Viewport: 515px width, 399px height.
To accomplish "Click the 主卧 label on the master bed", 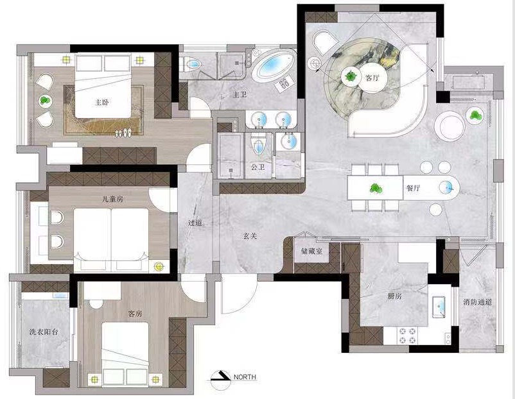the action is [102, 103].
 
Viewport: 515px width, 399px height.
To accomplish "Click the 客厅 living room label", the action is [372, 78].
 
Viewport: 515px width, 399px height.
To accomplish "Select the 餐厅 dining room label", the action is [413, 188].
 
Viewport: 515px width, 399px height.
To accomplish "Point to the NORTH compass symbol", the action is [220, 380].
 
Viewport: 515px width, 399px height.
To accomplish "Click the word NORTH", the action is [245, 377].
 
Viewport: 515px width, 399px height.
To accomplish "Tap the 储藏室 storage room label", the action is [311, 251].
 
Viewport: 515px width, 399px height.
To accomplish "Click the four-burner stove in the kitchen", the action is [407, 335].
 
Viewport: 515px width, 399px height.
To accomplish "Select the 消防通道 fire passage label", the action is [478, 302].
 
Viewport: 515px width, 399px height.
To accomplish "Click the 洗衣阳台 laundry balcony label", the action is [44, 332].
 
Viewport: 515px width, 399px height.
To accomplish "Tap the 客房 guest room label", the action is [135, 314].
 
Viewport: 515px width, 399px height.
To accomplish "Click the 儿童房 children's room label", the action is [112, 199].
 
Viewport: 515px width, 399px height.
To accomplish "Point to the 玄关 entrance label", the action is [250, 235].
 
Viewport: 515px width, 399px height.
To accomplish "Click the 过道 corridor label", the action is [195, 223].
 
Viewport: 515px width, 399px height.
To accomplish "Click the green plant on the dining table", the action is [376, 189].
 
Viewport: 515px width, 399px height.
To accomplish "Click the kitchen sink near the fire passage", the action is [439, 307].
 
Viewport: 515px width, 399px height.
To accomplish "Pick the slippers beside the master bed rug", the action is [123, 133].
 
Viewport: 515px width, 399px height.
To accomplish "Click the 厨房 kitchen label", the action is [394, 296].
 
